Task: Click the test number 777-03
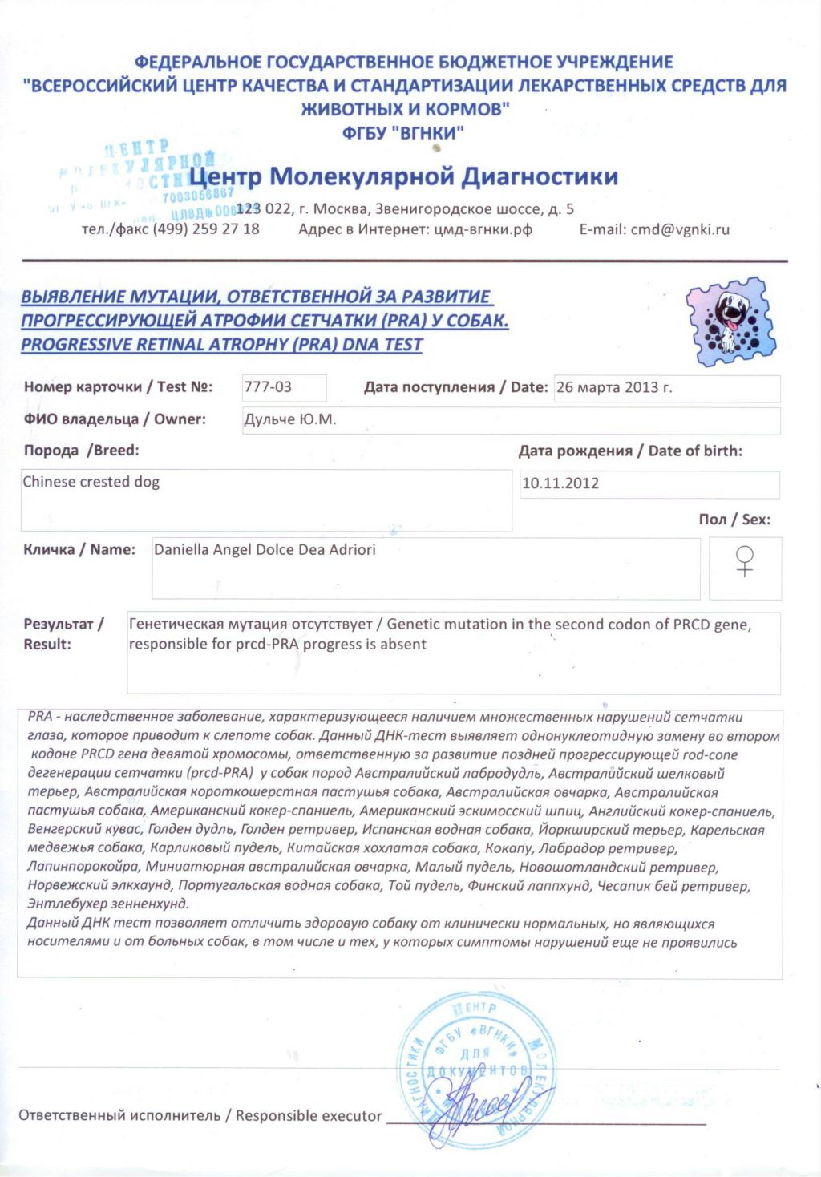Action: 268,386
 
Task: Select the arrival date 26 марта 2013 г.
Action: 614,387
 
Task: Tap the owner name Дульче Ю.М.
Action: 289,419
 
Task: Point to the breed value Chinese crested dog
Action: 91,482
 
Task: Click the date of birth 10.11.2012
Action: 560,483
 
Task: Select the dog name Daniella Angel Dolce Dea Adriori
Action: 265,550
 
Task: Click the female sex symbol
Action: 745,560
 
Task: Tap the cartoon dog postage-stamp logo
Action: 731,322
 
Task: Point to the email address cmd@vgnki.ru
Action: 680,229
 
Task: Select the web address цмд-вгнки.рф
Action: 483,229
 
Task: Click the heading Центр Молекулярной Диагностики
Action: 403,176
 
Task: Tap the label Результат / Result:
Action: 64,633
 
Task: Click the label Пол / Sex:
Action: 734,520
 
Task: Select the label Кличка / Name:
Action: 79,550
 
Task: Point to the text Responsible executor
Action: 309,1115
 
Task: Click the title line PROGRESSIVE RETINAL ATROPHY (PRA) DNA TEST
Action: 221,345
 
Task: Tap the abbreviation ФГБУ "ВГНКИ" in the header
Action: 403,133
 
